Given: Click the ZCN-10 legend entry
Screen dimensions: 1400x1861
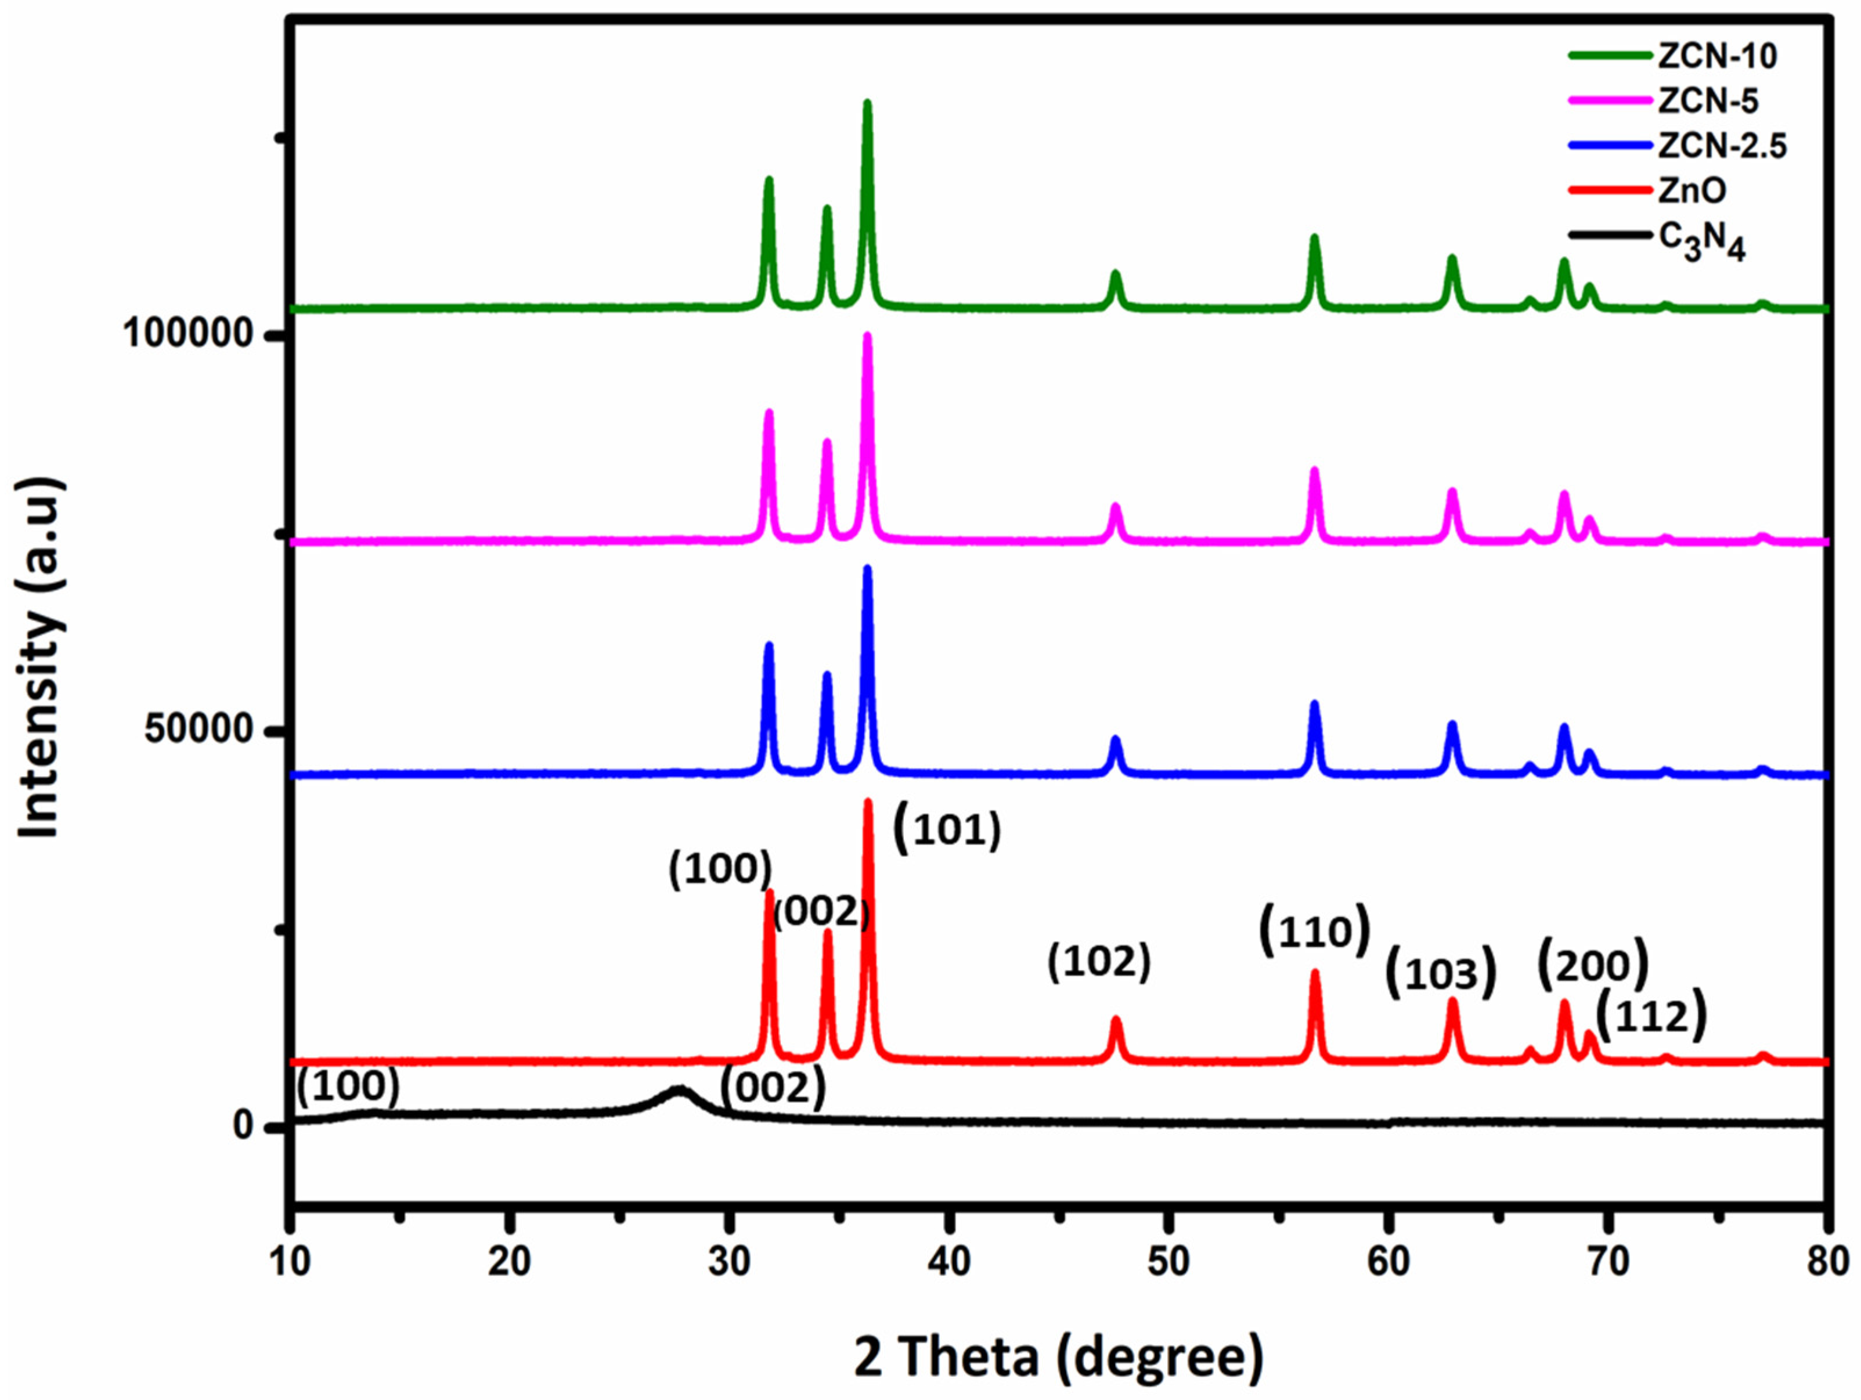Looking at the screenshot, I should pyautogui.click(x=1717, y=56).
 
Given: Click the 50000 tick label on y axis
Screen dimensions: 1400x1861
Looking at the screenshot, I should pyautogui.click(x=199, y=728).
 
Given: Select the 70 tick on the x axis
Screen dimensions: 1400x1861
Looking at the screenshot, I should pyautogui.click(x=1608, y=1262).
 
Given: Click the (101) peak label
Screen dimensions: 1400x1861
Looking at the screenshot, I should pyautogui.click(x=947, y=829).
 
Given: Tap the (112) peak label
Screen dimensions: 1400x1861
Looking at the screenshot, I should pyautogui.click(x=1651, y=1017).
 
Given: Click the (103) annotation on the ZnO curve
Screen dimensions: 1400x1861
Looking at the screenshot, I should pyautogui.click(x=1440, y=973).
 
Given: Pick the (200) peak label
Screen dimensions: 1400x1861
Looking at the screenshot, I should pyautogui.click(x=1593, y=966).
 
